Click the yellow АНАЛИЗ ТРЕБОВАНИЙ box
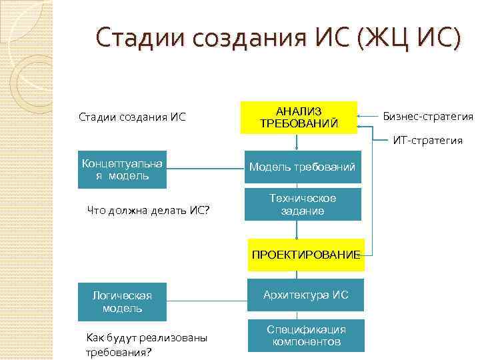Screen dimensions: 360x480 point(298,117)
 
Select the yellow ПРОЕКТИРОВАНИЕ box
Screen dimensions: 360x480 point(306,254)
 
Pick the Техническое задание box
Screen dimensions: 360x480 point(302,205)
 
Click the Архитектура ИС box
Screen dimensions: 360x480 point(305,295)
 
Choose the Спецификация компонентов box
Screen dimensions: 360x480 point(305,335)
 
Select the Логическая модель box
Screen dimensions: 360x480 point(121,302)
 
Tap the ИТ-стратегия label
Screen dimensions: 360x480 point(427,140)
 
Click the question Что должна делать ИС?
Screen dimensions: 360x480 point(148,211)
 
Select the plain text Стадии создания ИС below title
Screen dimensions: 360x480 point(132,118)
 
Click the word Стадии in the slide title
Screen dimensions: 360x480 point(139,37)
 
